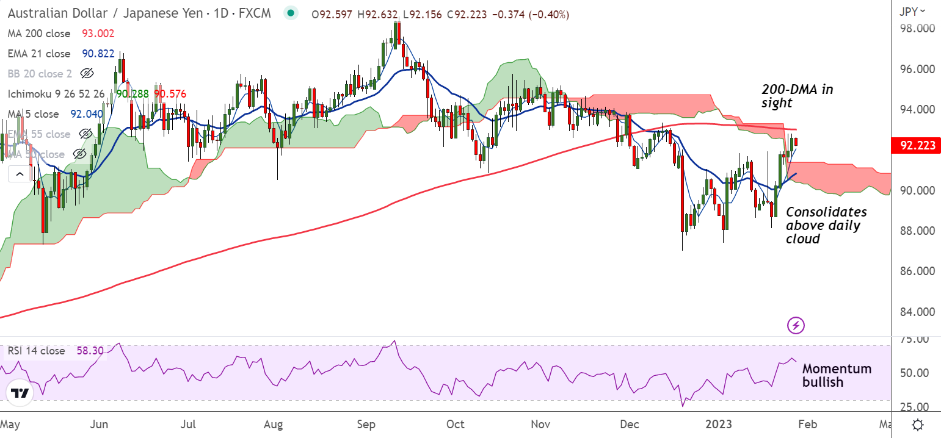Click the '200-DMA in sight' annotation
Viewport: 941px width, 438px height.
797,96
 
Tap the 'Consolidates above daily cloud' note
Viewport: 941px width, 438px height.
826,225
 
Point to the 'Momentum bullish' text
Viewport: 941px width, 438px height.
836,375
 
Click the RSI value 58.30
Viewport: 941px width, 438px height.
90,351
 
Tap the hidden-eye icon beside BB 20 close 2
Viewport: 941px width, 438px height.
86,74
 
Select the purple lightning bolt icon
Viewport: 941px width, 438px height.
796,325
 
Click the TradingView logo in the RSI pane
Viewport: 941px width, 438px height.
21,394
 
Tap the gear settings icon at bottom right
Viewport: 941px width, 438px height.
917,425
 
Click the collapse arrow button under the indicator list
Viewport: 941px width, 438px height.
20,175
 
